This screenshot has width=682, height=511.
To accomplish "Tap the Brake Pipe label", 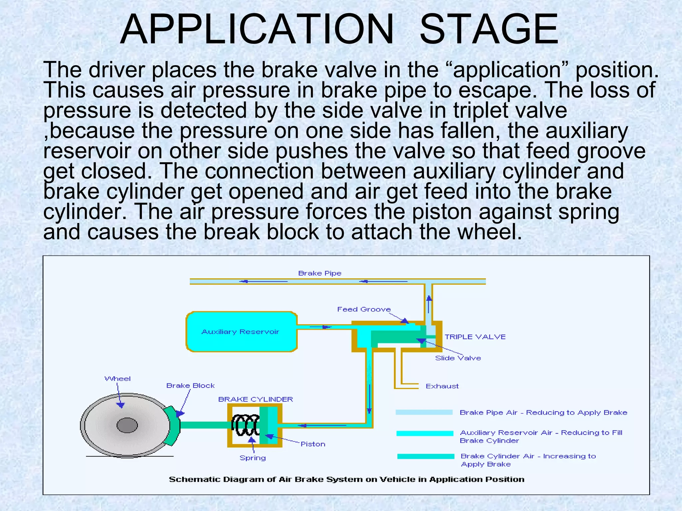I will [320, 273].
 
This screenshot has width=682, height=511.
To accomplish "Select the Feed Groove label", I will [364, 309].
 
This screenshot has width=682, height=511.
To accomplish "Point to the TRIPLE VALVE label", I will [475, 337].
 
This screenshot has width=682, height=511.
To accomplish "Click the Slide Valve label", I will [458, 358].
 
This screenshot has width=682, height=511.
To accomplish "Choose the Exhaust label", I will [442, 386].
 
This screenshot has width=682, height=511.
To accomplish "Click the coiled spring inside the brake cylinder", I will [246, 425].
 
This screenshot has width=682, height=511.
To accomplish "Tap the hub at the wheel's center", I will [127, 425].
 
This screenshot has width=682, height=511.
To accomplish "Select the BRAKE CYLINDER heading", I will [255, 399].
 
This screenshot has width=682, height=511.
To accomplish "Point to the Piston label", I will [313, 444].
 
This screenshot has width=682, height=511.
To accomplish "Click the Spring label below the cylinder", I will [252, 458].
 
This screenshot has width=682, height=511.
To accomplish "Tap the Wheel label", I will [118, 379].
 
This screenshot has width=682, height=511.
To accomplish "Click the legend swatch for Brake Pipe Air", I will [424, 412].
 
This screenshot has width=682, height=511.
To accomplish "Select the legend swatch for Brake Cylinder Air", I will [426, 456].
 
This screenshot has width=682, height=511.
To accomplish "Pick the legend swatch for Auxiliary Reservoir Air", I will [425, 433].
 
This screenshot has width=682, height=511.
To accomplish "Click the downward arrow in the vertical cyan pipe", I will [369, 399].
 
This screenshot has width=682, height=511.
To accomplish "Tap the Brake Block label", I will [190, 386].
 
